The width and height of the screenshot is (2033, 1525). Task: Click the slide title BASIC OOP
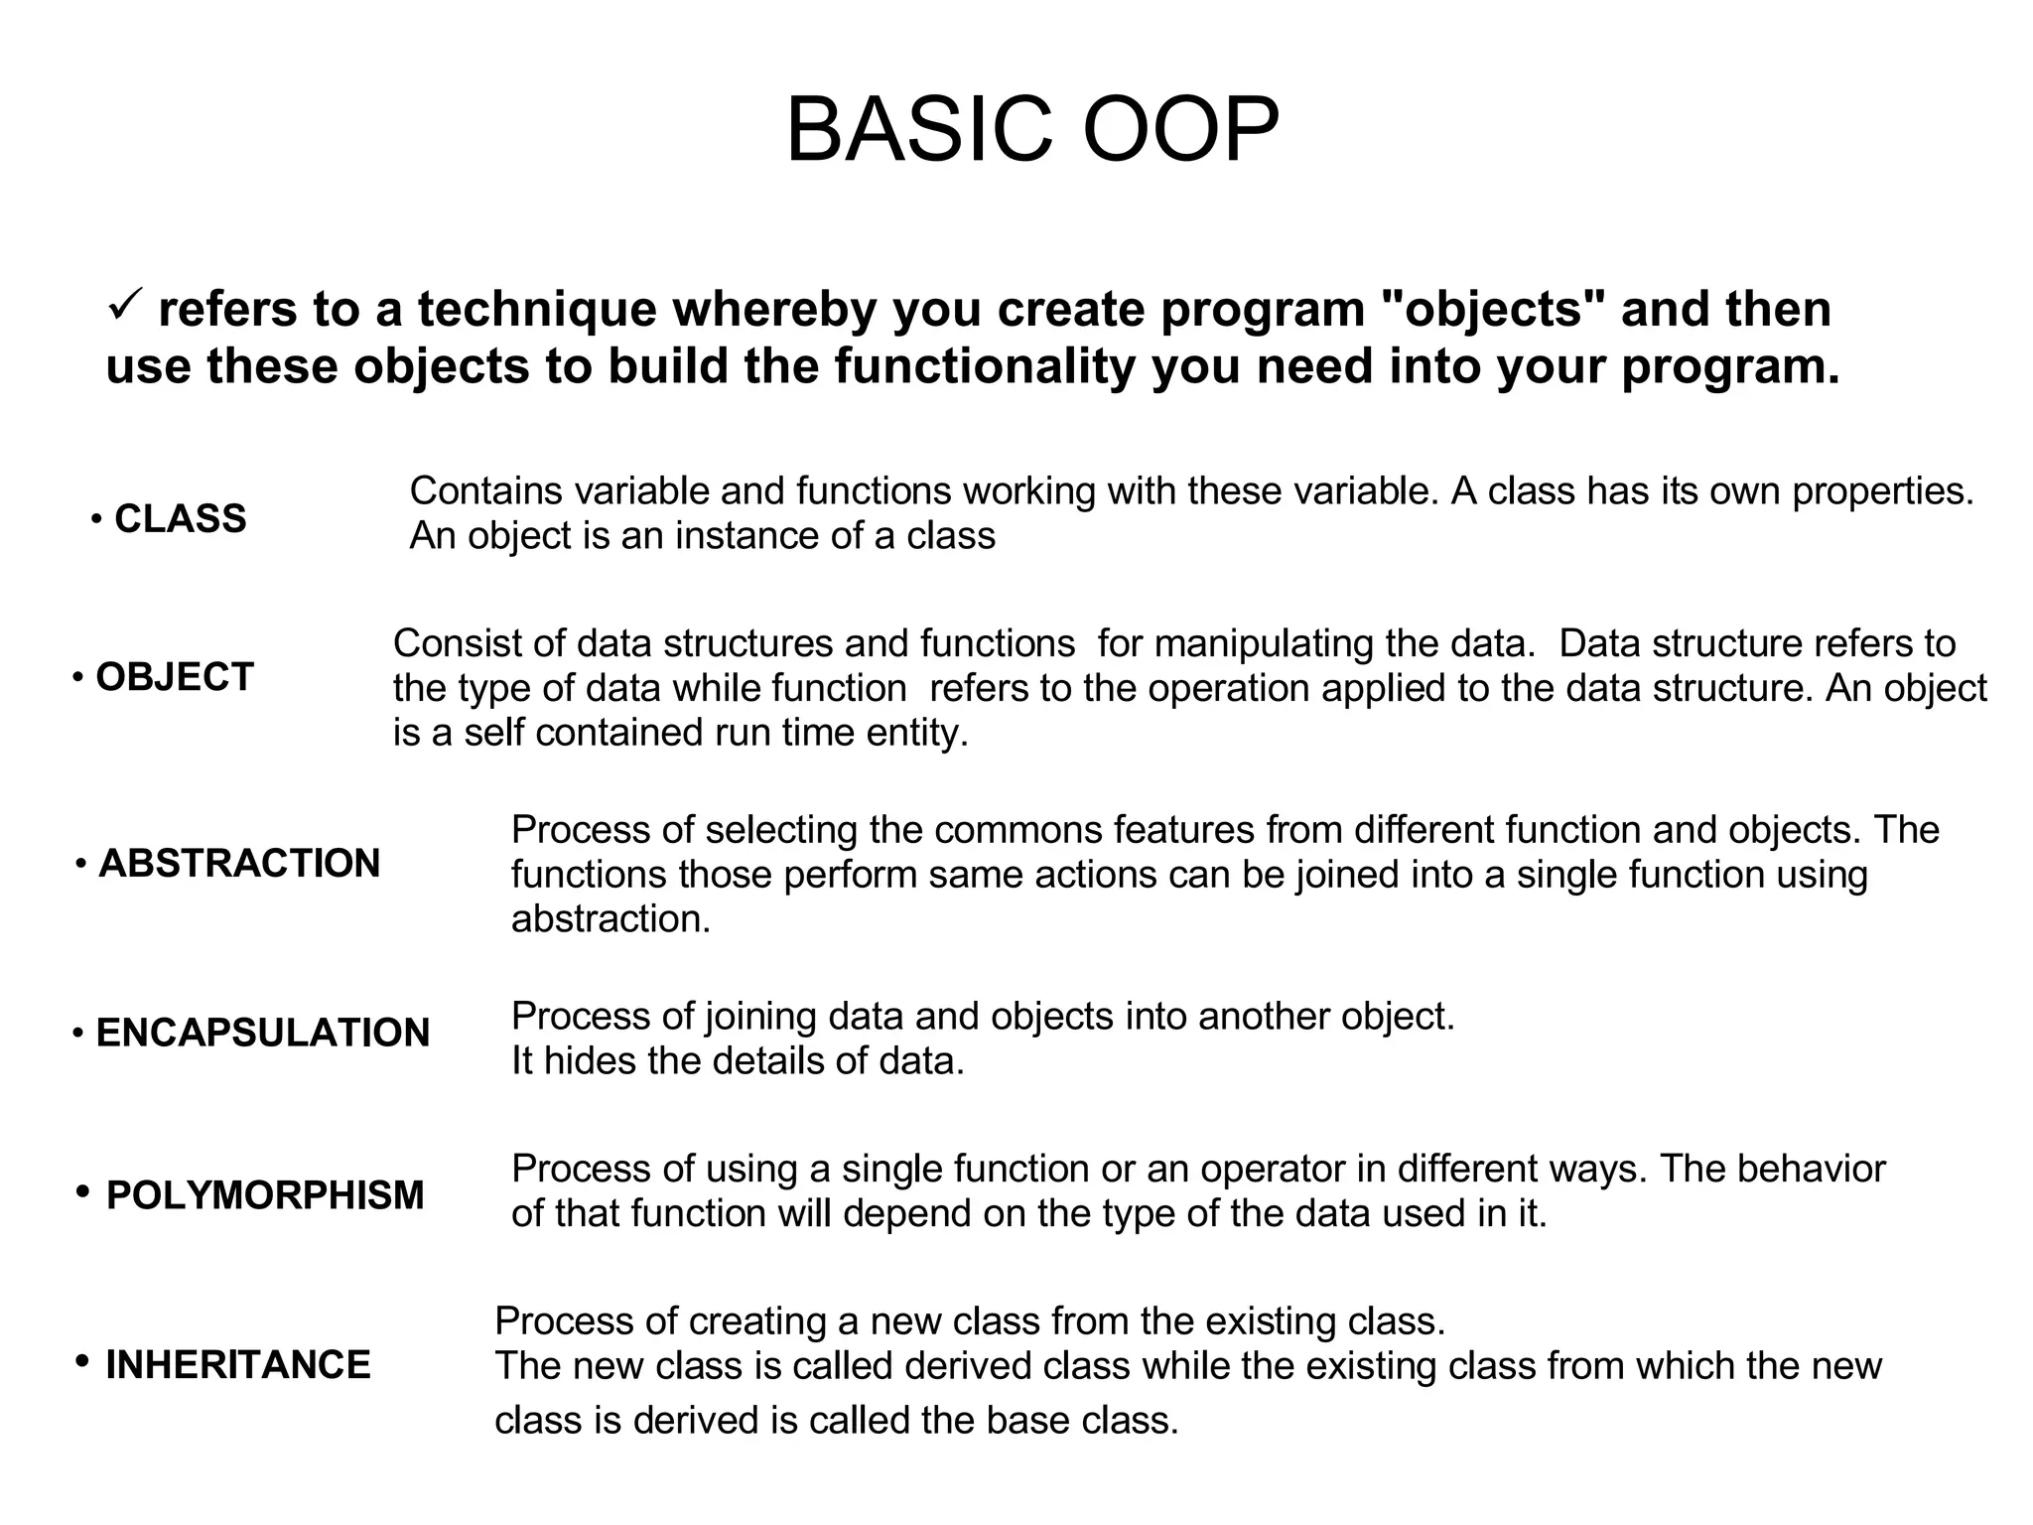[x=1032, y=130]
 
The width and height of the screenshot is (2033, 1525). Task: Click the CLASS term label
[x=180, y=519]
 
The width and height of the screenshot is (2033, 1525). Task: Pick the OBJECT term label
[x=175, y=677]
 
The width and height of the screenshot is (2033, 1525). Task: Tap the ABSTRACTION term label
[x=239, y=864]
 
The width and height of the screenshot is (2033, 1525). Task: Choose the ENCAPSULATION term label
[x=263, y=1034]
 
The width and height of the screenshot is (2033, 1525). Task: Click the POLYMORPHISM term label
[x=265, y=1196]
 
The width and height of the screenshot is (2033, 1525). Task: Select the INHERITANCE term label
[x=238, y=1365]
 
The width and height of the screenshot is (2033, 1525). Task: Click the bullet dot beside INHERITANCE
[x=83, y=1360]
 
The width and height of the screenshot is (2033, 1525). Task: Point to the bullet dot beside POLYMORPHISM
[x=83, y=1191]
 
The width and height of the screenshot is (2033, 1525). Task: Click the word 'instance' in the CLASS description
[x=747, y=536]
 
